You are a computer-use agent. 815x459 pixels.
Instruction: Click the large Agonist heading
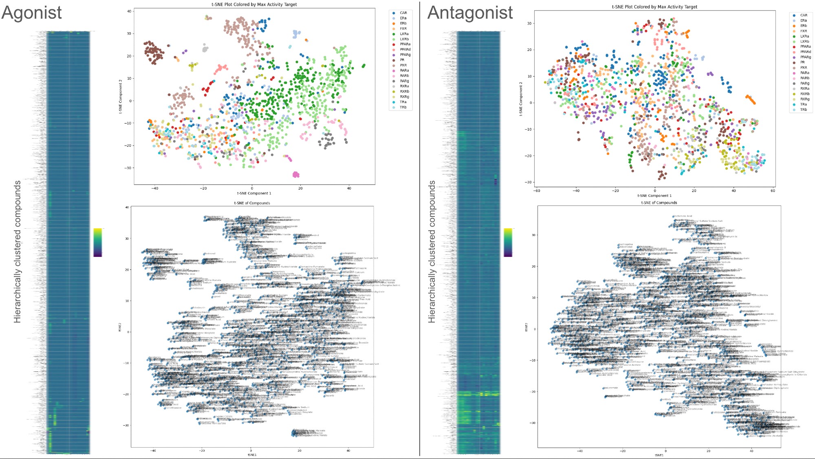pyautogui.click(x=32, y=13)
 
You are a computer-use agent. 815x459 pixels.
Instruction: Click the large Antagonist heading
pyautogui.click(x=470, y=13)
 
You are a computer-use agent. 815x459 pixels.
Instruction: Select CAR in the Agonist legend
pyautogui.click(x=403, y=13)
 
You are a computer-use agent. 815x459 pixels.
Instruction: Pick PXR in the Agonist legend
pyautogui.click(x=403, y=65)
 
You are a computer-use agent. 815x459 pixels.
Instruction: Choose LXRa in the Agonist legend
pyautogui.click(x=404, y=34)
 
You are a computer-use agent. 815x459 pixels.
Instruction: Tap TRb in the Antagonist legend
pyautogui.click(x=803, y=110)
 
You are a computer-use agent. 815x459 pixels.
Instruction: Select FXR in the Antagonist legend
pyautogui.click(x=803, y=31)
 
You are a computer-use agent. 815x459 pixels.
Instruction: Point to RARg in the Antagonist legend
pyautogui.click(x=804, y=83)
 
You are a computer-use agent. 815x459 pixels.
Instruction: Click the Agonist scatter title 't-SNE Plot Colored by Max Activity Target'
pyautogui.click(x=254, y=4)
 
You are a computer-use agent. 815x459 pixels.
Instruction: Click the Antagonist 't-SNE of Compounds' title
pyautogui.click(x=659, y=203)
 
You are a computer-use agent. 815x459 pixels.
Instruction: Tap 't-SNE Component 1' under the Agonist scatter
pyautogui.click(x=254, y=193)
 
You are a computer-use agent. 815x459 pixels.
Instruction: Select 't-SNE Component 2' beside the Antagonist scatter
pyautogui.click(x=521, y=99)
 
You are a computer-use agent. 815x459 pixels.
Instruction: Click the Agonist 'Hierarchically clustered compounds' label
pyautogui.click(x=18, y=252)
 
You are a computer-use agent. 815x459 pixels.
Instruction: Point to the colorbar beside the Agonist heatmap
pyautogui.click(x=98, y=242)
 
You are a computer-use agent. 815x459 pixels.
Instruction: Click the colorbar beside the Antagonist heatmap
pyautogui.click(x=508, y=242)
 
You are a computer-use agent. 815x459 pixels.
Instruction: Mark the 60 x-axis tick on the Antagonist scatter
pyautogui.click(x=773, y=191)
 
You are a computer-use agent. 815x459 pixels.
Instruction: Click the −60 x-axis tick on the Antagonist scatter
pyautogui.click(x=537, y=191)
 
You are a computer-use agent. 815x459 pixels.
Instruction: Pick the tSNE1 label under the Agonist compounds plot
pyautogui.click(x=252, y=455)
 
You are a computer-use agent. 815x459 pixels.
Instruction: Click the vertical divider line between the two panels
pyautogui.click(x=419, y=228)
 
